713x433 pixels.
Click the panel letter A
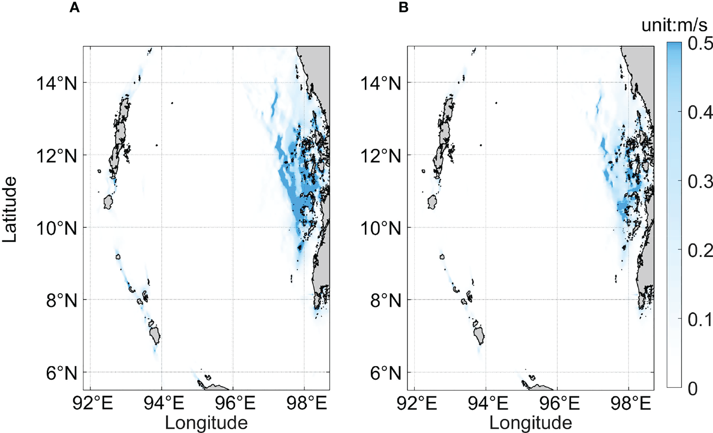[x=74, y=8]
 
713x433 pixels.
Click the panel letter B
[x=403, y=8]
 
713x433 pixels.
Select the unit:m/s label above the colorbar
[x=674, y=26]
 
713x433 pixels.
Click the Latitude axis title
[x=10, y=209]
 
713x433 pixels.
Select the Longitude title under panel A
[x=206, y=422]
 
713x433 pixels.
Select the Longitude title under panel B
[x=530, y=422]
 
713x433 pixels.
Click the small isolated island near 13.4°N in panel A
[x=172, y=103]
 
